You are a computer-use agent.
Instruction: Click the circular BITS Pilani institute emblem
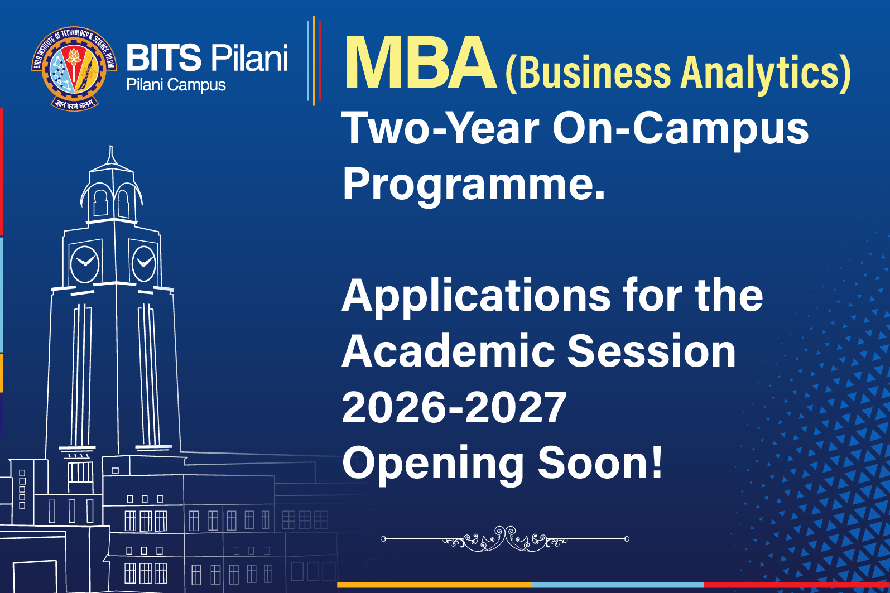click(x=74, y=69)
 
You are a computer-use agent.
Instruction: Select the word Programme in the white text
click(x=473, y=184)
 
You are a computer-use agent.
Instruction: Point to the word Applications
click(x=476, y=296)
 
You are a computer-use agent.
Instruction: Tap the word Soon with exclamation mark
click(x=600, y=463)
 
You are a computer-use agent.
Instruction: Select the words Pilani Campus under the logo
click(x=176, y=85)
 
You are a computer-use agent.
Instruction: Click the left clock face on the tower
click(x=85, y=263)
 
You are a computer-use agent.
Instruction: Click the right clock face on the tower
click(x=143, y=263)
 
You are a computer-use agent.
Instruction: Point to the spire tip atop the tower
click(x=111, y=150)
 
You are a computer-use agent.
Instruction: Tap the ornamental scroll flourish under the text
click(x=505, y=539)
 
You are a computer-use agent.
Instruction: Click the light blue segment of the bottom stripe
click(x=617, y=585)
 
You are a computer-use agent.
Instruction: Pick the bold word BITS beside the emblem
click(x=163, y=57)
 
